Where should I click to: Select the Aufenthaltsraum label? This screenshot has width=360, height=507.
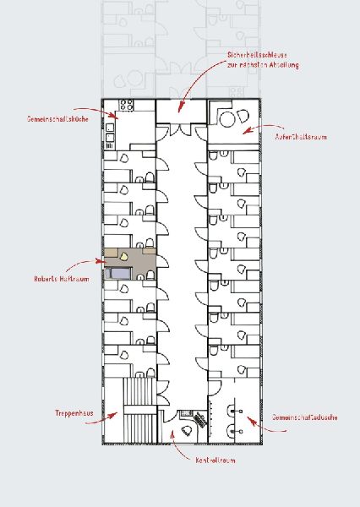(303, 135)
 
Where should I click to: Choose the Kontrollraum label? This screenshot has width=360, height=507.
(215, 461)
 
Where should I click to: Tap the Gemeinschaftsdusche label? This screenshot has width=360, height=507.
(305, 418)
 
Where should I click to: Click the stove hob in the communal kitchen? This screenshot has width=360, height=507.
(127, 107)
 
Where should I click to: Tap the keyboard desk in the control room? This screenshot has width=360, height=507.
(200, 418)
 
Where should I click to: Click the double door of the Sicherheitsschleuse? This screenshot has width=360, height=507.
(181, 127)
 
